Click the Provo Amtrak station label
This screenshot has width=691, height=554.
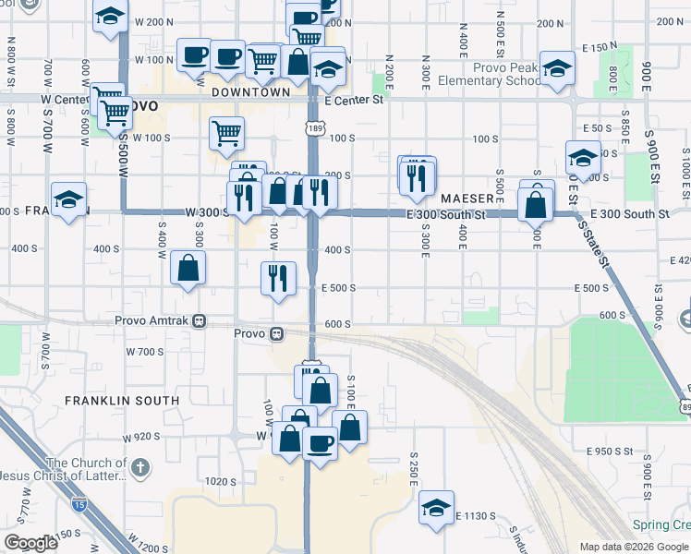point(153,320)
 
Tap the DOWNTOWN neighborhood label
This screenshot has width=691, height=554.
point(251,92)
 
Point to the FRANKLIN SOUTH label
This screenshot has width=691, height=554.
point(122,401)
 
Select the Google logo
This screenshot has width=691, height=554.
point(30,543)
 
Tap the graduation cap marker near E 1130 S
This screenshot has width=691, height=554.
point(437,507)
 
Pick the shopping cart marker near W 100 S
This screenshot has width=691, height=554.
point(226,133)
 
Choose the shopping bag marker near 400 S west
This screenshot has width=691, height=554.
point(188,269)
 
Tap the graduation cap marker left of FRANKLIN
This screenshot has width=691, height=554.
point(68,199)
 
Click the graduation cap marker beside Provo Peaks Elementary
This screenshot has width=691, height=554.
point(557,69)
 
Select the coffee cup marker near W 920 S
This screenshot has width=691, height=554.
point(321,444)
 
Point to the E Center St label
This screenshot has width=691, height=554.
point(353,100)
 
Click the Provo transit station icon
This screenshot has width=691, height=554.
point(276,333)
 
